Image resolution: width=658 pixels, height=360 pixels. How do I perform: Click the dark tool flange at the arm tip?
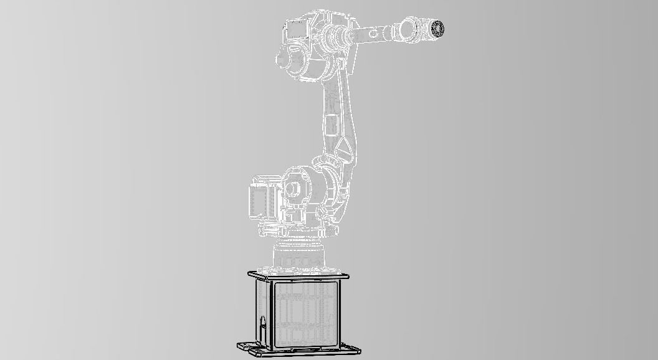(435, 28)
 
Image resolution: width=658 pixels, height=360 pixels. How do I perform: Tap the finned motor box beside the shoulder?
(262, 198)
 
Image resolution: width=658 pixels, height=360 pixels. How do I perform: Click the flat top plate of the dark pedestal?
(298, 275)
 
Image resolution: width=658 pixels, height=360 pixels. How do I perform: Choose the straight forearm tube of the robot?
(374, 33)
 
